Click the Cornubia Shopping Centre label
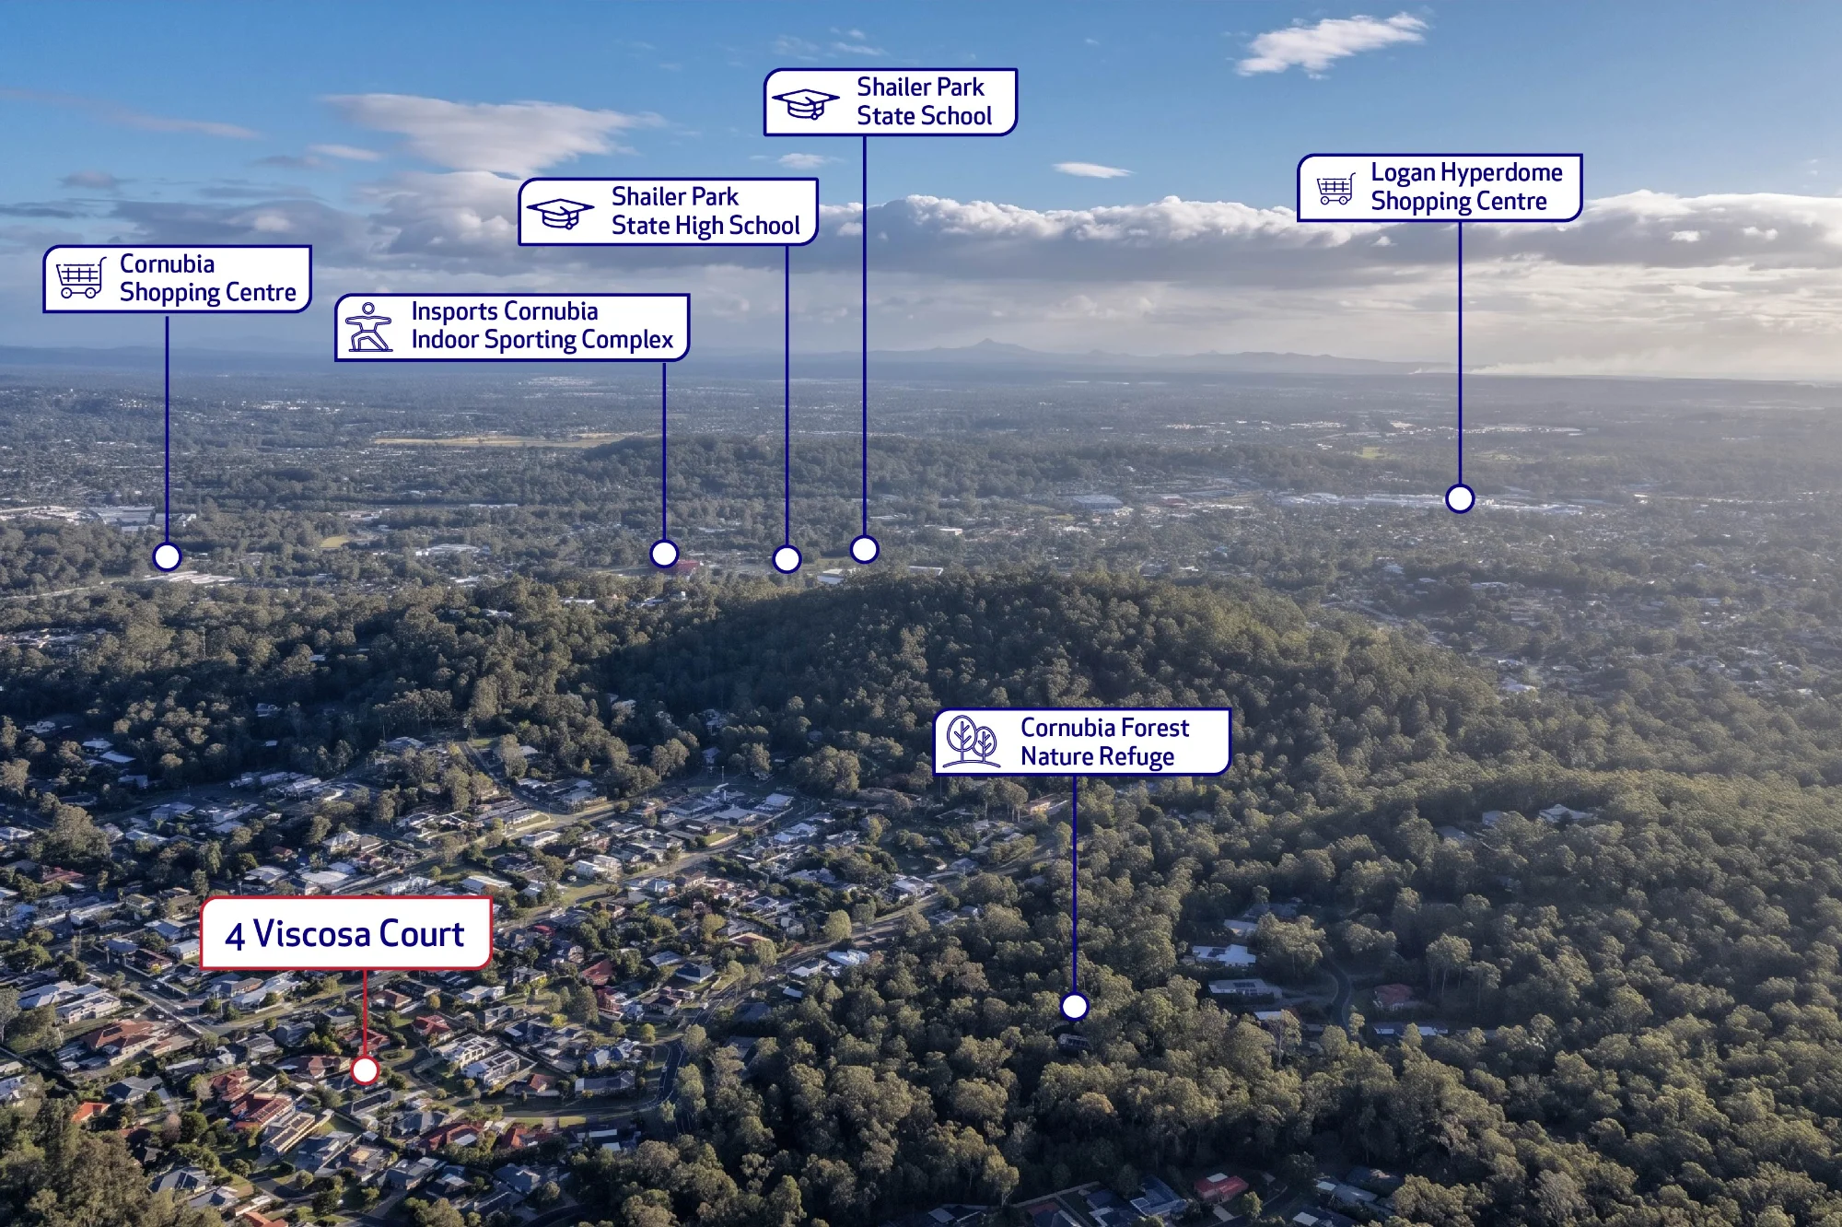coord(178,278)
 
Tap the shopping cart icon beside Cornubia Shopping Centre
coord(80,278)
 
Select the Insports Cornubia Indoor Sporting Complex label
coord(512,327)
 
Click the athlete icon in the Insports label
coord(368,327)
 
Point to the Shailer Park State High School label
coord(669,211)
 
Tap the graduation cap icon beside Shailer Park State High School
coord(559,213)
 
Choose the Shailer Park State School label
coord(891,101)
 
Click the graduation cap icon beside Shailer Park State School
coord(805,104)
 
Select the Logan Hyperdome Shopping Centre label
coord(1440,187)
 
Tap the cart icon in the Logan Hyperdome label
coord(1335,188)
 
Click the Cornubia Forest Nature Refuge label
coord(1082,742)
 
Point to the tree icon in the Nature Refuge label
coord(973,742)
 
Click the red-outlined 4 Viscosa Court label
coord(346,933)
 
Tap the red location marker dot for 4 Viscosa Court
coord(366,1069)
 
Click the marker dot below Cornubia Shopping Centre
coord(167,556)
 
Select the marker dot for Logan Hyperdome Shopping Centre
coord(1460,498)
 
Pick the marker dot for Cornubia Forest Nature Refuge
coord(1075,1006)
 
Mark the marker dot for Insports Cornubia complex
coord(664,554)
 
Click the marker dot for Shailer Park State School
coord(864,549)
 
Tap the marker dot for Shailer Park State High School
coord(787,558)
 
